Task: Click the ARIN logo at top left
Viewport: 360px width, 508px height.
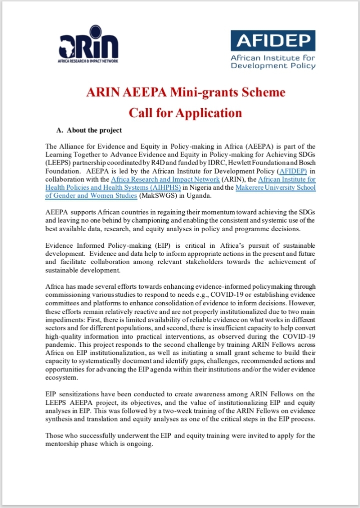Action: tap(89, 44)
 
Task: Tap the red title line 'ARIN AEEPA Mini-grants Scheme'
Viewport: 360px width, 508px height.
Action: tap(185, 93)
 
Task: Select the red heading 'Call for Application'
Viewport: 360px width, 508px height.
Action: tap(185, 112)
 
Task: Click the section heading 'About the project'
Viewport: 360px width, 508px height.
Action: tap(94, 130)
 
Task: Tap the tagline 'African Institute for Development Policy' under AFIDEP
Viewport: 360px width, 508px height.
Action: tap(272, 62)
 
